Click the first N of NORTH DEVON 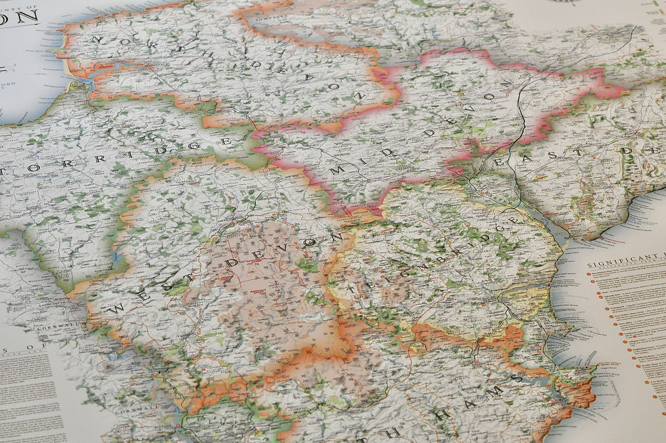click(95, 40)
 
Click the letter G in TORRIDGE click(192, 146)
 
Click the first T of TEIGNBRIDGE click(351, 290)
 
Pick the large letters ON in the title click(19, 17)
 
